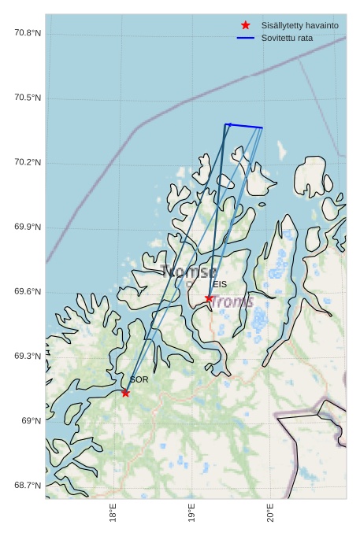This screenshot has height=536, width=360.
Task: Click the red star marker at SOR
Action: (x=125, y=393)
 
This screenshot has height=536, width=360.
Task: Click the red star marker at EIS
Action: (x=209, y=298)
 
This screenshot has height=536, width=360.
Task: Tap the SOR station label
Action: (x=139, y=379)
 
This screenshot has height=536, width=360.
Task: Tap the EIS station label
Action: (x=220, y=284)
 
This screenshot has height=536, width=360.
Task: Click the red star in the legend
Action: (x=246, y=25)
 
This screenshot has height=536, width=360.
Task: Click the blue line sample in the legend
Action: (x=246, y=38)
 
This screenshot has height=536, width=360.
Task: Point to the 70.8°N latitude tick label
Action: (x=28, y=33)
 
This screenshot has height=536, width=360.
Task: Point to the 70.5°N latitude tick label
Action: (x=28, y=98)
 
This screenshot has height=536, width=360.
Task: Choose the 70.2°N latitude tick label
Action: (x=28, y=162)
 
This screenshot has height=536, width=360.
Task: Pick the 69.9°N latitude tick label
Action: (x=28, y=227)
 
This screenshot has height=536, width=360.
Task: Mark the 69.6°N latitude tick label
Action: (x=28, y=292)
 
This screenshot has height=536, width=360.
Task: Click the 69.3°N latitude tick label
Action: (x=28, y=357)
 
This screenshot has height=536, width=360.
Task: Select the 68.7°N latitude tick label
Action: (x=28, y=486)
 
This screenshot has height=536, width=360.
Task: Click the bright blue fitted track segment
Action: (x=244, y=126)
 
